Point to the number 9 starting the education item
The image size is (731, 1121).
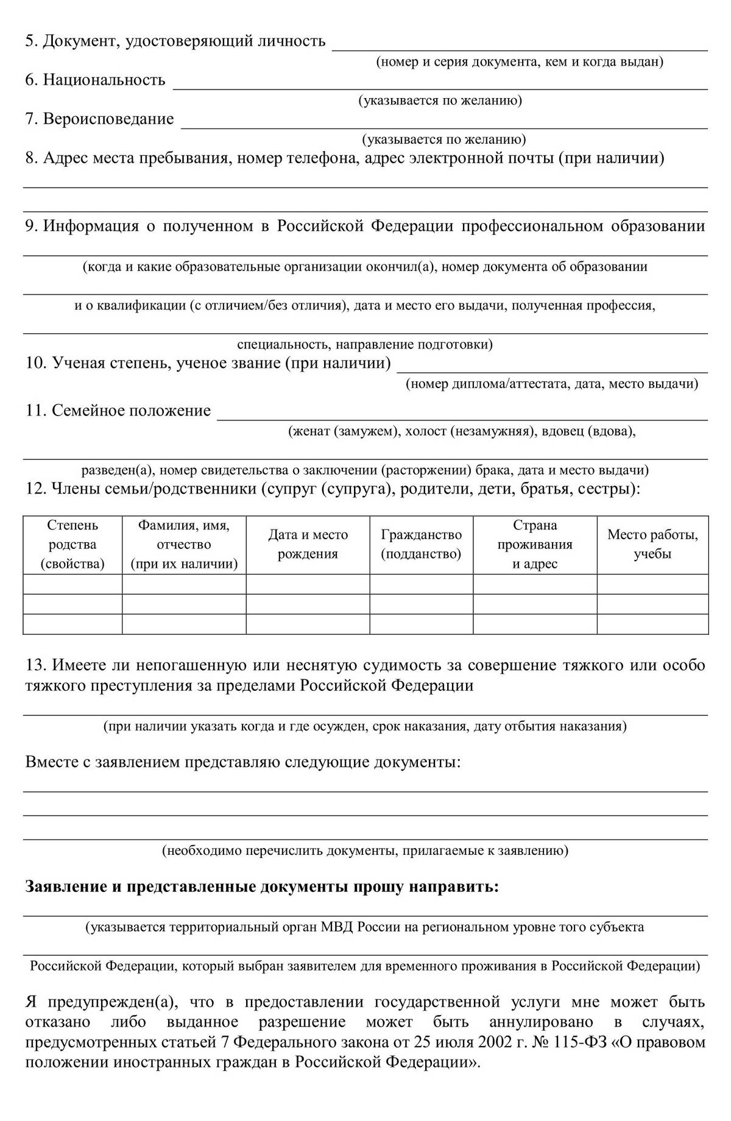click(x=31, y=227)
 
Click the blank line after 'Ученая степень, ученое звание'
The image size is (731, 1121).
click(x=552, y=364)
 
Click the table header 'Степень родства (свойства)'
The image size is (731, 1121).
click(x=72, y=545)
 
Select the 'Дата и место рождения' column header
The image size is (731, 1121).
click(x=308, y=545)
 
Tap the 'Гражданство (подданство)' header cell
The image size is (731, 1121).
click(x=421, y=545)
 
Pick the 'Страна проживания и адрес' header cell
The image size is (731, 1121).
click(x=535, y=545)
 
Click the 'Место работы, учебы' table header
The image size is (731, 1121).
click(x=652, y=545)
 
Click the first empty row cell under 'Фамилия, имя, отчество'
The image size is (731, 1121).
click(x=184, y=584)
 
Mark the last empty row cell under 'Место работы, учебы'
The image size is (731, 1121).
click(x=652, y=624)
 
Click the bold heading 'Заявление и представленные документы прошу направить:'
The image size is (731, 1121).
click(x=262, y=887)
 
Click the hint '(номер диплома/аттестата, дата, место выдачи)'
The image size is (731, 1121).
click(x=552, y=384)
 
